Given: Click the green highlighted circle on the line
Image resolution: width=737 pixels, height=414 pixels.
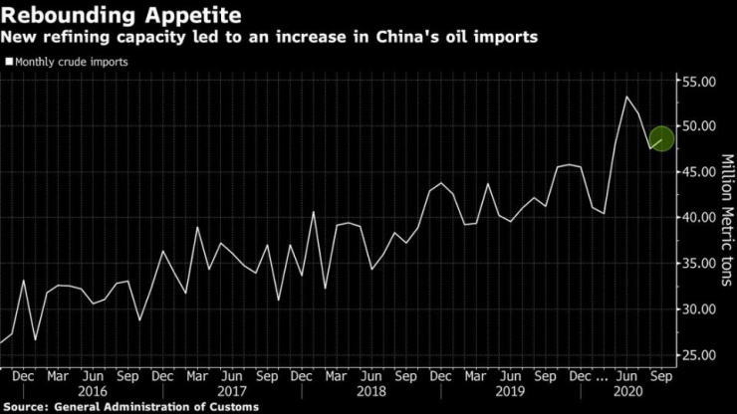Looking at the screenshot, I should (661, 138).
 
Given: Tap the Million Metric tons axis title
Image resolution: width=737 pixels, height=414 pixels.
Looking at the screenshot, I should (727, 219).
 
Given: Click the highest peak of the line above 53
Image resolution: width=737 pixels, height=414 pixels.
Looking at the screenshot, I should (625, 97).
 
